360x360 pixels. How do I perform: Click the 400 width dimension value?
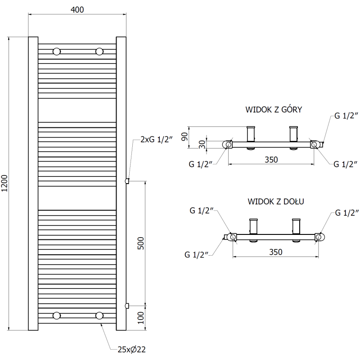pos(77,9)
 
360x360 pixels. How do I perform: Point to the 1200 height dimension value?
pos(5,184)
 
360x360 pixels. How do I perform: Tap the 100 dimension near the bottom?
pos(140,318)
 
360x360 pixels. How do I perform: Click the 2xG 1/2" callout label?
pos(157,139)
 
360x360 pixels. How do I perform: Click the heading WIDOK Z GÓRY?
pos(273,109)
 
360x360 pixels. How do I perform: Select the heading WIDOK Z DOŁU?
pos(275,201)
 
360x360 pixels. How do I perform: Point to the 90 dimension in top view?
pos(184,136)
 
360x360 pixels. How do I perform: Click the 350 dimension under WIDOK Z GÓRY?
pos(270,159)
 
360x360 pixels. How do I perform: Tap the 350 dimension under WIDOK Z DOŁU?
pos(275,252)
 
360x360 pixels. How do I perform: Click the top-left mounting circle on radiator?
pos(57,51)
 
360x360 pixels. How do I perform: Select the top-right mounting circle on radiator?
pos(99,51)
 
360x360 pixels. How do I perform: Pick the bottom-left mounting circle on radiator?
pos(57,315)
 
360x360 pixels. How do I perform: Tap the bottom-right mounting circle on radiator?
pos(99,315)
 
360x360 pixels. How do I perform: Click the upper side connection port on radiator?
pos(127,181)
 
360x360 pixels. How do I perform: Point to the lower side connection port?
pos(127,306)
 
